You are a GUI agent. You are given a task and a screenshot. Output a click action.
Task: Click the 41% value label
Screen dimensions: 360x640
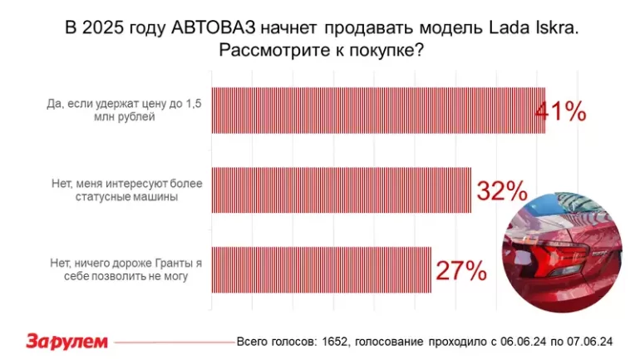coord(560,111)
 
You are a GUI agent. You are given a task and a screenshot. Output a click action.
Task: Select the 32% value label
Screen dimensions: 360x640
coord(501,191)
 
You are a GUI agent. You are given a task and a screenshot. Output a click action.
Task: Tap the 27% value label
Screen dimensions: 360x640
coord(460,270)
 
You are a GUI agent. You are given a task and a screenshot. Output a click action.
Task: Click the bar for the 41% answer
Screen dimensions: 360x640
coord(378,111)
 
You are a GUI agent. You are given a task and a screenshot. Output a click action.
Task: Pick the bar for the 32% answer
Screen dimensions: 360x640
coord(341,190)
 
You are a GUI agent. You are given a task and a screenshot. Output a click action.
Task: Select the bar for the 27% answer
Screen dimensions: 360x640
coord(321,270)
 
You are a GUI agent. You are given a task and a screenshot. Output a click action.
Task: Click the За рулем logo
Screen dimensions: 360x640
coord(66,341)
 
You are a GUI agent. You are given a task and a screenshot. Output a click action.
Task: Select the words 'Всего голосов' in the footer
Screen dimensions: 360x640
coord(272,342)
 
